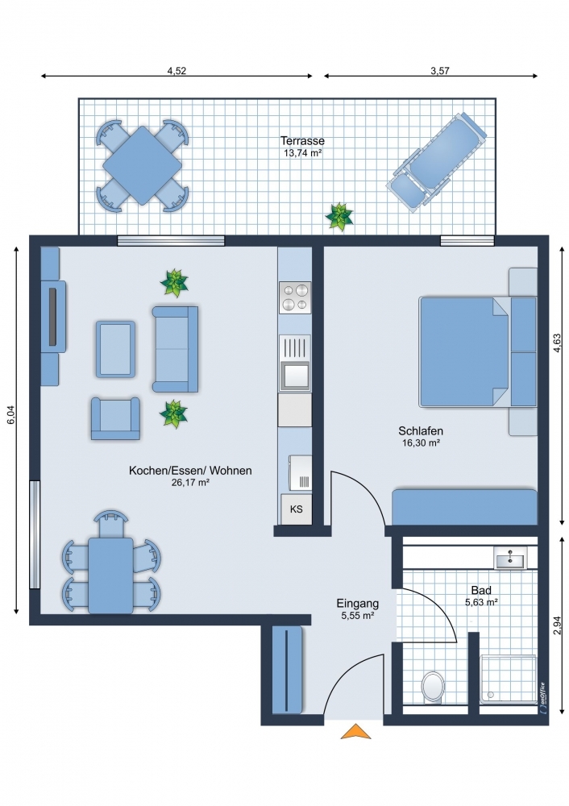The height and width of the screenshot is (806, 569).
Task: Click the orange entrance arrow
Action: [355, 732]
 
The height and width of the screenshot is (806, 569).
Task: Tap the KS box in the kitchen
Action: [296, 509]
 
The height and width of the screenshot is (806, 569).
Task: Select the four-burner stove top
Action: [295, 297]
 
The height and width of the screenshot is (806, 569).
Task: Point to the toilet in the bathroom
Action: [434, 687]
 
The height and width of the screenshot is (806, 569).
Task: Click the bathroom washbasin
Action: [510, 558]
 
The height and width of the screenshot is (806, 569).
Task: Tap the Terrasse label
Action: [302, 141]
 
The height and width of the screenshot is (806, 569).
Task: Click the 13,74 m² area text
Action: [303, 152]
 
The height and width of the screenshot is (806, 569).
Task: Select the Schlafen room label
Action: [421, 431]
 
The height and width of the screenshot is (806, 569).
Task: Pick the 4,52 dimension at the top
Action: [177, 71]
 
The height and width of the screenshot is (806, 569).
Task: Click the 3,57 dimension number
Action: [440, 71]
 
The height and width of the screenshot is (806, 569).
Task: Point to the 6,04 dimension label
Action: [11, 415]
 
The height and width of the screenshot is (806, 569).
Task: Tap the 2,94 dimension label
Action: [557, 625]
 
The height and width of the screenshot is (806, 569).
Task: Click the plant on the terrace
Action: [339, 217]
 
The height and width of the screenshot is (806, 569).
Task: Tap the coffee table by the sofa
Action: [115, 350]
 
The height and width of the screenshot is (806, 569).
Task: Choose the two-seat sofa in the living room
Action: [175, 349]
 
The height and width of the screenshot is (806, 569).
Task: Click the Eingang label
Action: [358, 604]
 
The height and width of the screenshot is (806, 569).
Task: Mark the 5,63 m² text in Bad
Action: [481, 602]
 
